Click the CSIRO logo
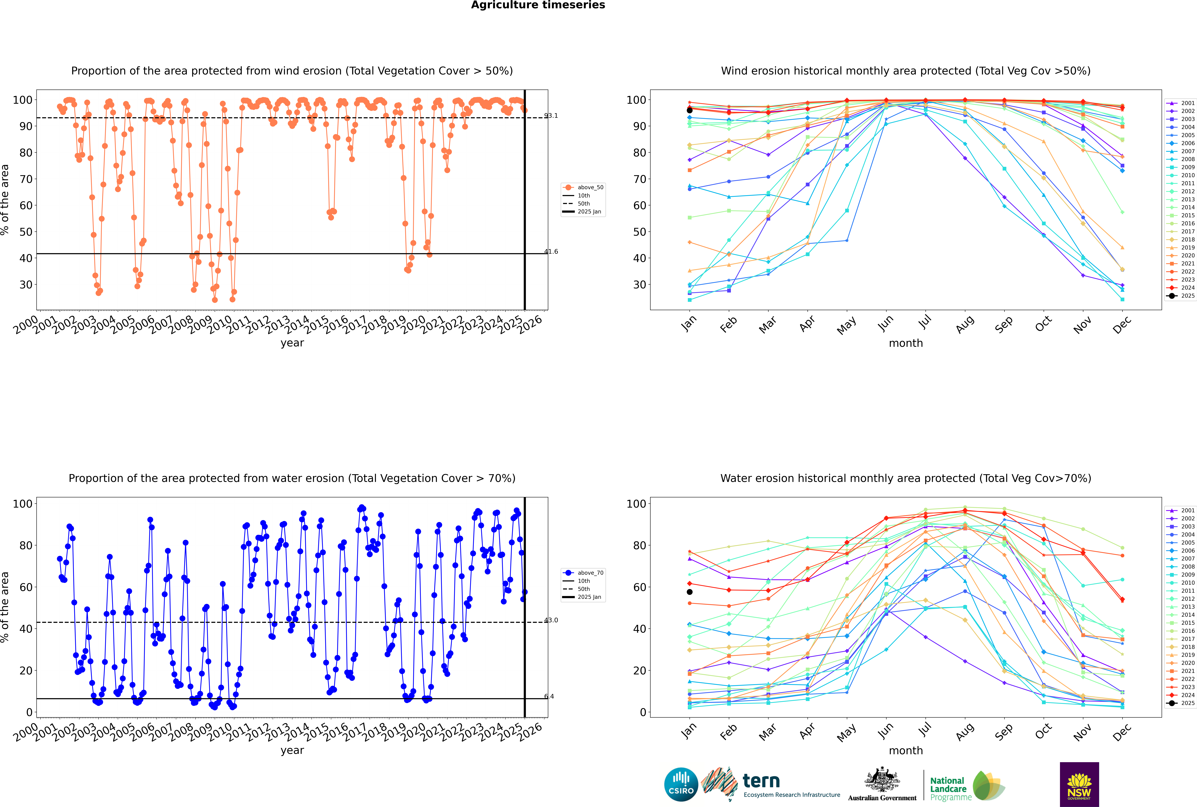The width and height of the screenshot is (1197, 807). pos(681,784)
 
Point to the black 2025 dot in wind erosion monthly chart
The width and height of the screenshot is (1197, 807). pos(690,110)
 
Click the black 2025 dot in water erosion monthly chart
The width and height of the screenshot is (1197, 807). pos(690,592)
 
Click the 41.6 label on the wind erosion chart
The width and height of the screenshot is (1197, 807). pos(551,252)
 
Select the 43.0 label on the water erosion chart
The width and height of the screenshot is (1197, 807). pos(551,620)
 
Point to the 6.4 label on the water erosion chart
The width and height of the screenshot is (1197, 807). pos(549,696)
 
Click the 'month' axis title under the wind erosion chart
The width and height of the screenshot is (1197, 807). pos(906,343)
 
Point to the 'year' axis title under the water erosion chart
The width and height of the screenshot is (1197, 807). pos(292,750)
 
